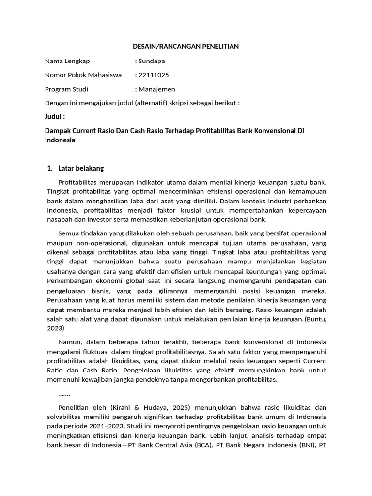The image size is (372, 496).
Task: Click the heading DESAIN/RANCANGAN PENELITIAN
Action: coord(186,46)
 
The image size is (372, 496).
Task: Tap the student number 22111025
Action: coord(154,75)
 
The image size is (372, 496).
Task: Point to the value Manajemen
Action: coord(156,89)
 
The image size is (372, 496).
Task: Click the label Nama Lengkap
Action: coord(67,61)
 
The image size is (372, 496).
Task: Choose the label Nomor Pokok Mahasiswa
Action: coord(83,75)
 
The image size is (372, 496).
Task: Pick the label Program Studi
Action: coord(67,89)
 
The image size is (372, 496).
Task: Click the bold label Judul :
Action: coord(55,117)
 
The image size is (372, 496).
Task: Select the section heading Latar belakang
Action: coord(81,168)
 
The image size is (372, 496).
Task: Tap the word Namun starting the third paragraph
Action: coord(70,342)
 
